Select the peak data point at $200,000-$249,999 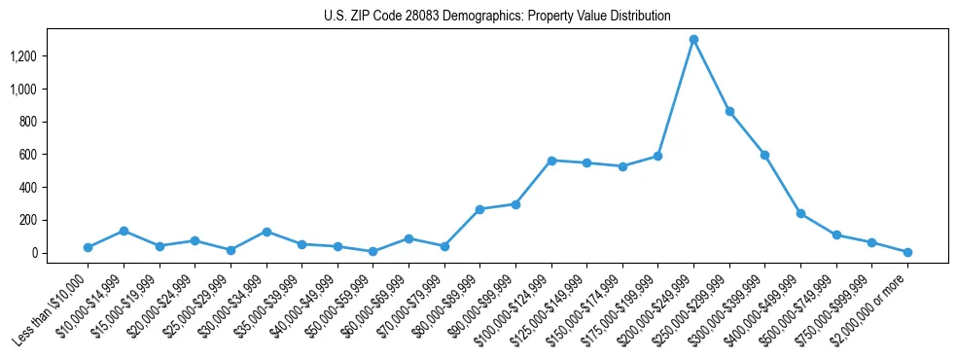693,40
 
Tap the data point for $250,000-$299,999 729,112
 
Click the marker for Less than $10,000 88,247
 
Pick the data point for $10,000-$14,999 124,231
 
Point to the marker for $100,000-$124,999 551,161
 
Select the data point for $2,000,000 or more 907,252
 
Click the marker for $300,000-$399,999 765,155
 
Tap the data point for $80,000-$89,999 479,209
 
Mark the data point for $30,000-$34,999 266,232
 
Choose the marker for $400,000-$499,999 800,213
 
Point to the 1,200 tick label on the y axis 50,56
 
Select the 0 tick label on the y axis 60,253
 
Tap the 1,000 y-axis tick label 50,90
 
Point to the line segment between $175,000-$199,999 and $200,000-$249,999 676,97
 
